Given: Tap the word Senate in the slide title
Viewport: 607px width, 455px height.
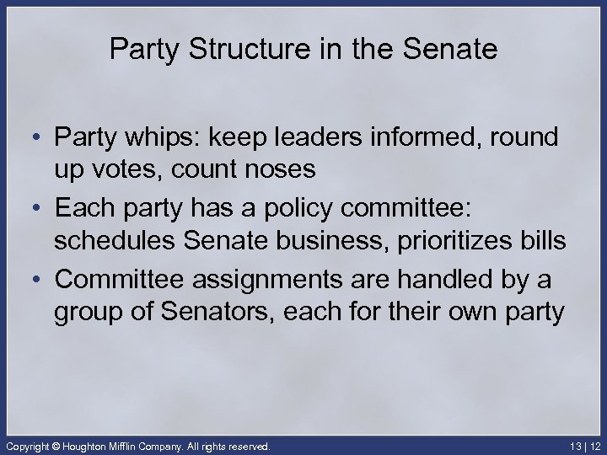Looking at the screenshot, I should tap(456, 50).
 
